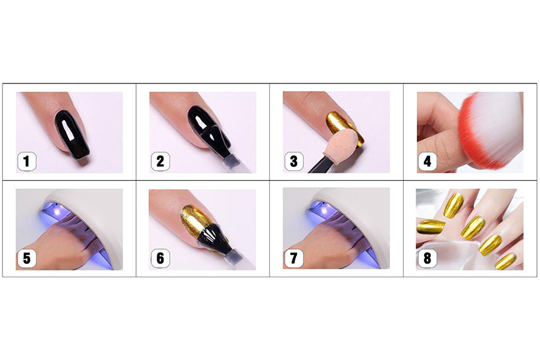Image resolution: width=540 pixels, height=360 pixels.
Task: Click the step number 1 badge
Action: (27, 161)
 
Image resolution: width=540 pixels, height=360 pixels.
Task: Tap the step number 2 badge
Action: (160, 161)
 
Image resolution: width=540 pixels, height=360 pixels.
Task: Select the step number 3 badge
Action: (294, 161)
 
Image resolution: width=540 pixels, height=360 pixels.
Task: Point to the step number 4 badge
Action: (427, 161)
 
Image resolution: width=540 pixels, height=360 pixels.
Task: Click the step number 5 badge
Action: (27, 258)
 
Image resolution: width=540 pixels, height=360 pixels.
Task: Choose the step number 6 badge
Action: (160, 258)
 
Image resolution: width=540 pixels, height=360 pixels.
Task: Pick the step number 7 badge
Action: (294, 258)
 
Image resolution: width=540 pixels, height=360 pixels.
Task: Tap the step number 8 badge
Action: (427, 258)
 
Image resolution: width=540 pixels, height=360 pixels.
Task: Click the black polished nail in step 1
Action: (73, 134)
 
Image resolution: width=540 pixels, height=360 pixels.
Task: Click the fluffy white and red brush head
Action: (491, 129)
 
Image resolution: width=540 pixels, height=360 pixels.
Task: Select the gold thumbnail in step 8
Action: (431, 227)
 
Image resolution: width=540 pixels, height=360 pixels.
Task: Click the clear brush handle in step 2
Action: (238, 164)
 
